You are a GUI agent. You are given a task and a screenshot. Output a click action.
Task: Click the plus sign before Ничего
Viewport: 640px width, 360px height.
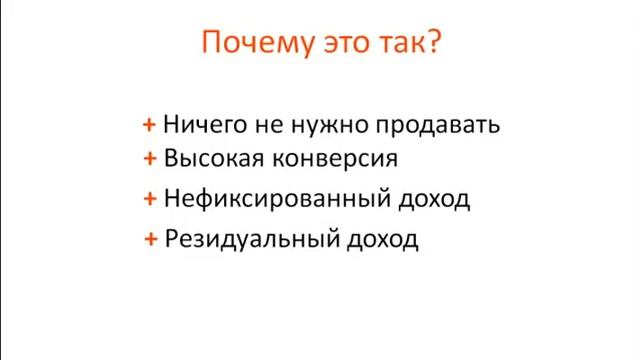point(149,125)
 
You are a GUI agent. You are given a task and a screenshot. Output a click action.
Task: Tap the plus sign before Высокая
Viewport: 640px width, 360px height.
point(149,158)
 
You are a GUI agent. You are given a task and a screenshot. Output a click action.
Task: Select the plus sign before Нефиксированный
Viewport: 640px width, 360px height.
point(149,198)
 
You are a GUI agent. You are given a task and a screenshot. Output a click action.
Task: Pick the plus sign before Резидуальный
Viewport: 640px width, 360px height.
point(149,239)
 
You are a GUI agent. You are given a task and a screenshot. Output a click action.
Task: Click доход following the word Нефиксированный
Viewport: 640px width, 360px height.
point(433,199)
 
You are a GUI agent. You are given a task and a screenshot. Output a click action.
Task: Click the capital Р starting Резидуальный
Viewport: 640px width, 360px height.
point(172,240)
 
